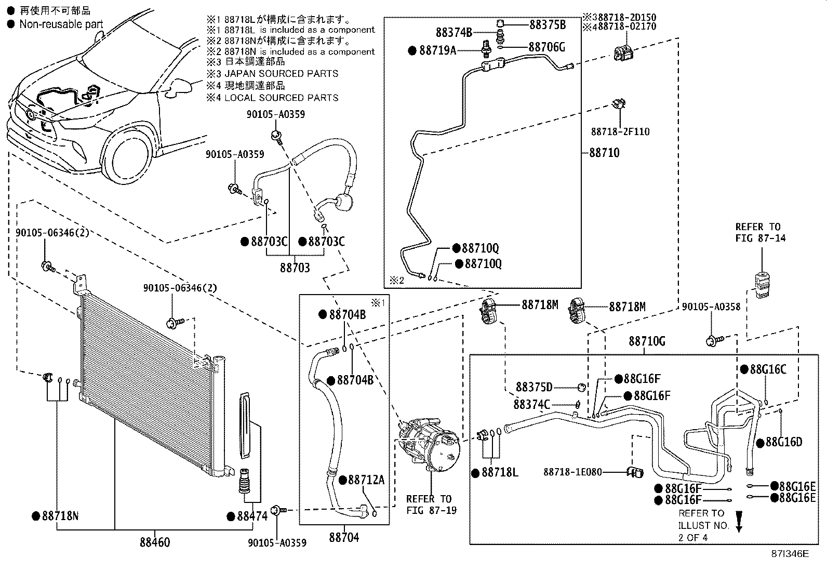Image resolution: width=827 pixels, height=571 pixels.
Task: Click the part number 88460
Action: click(x=154, y=542)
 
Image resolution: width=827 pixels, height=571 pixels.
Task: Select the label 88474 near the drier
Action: click(x=252, y=516)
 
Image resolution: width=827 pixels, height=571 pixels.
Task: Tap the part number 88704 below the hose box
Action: click(x=343, y=537)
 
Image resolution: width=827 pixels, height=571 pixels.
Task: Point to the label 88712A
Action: click(x=366, y=480)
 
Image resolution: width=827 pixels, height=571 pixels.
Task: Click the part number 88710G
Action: click(x=647, y=341)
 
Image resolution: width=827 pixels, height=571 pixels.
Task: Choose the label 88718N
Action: click(x=60, y=516)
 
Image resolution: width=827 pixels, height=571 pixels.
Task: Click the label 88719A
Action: click(x=437, y=50)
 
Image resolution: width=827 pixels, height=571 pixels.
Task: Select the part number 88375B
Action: click(x=548, y=24)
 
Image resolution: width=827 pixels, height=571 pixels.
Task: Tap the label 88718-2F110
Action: click(x=620, y=132)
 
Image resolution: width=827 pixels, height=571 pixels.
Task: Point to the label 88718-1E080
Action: click(x=573, y=472)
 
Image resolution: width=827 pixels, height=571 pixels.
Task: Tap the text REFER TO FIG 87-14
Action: click(x=757, y=232)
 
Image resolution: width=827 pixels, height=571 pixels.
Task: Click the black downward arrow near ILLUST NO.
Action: click(x=739, y=521)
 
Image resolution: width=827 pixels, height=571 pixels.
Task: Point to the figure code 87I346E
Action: click(x=789, y=554)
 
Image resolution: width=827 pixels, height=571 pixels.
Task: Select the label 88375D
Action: click(x=534, y=387)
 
